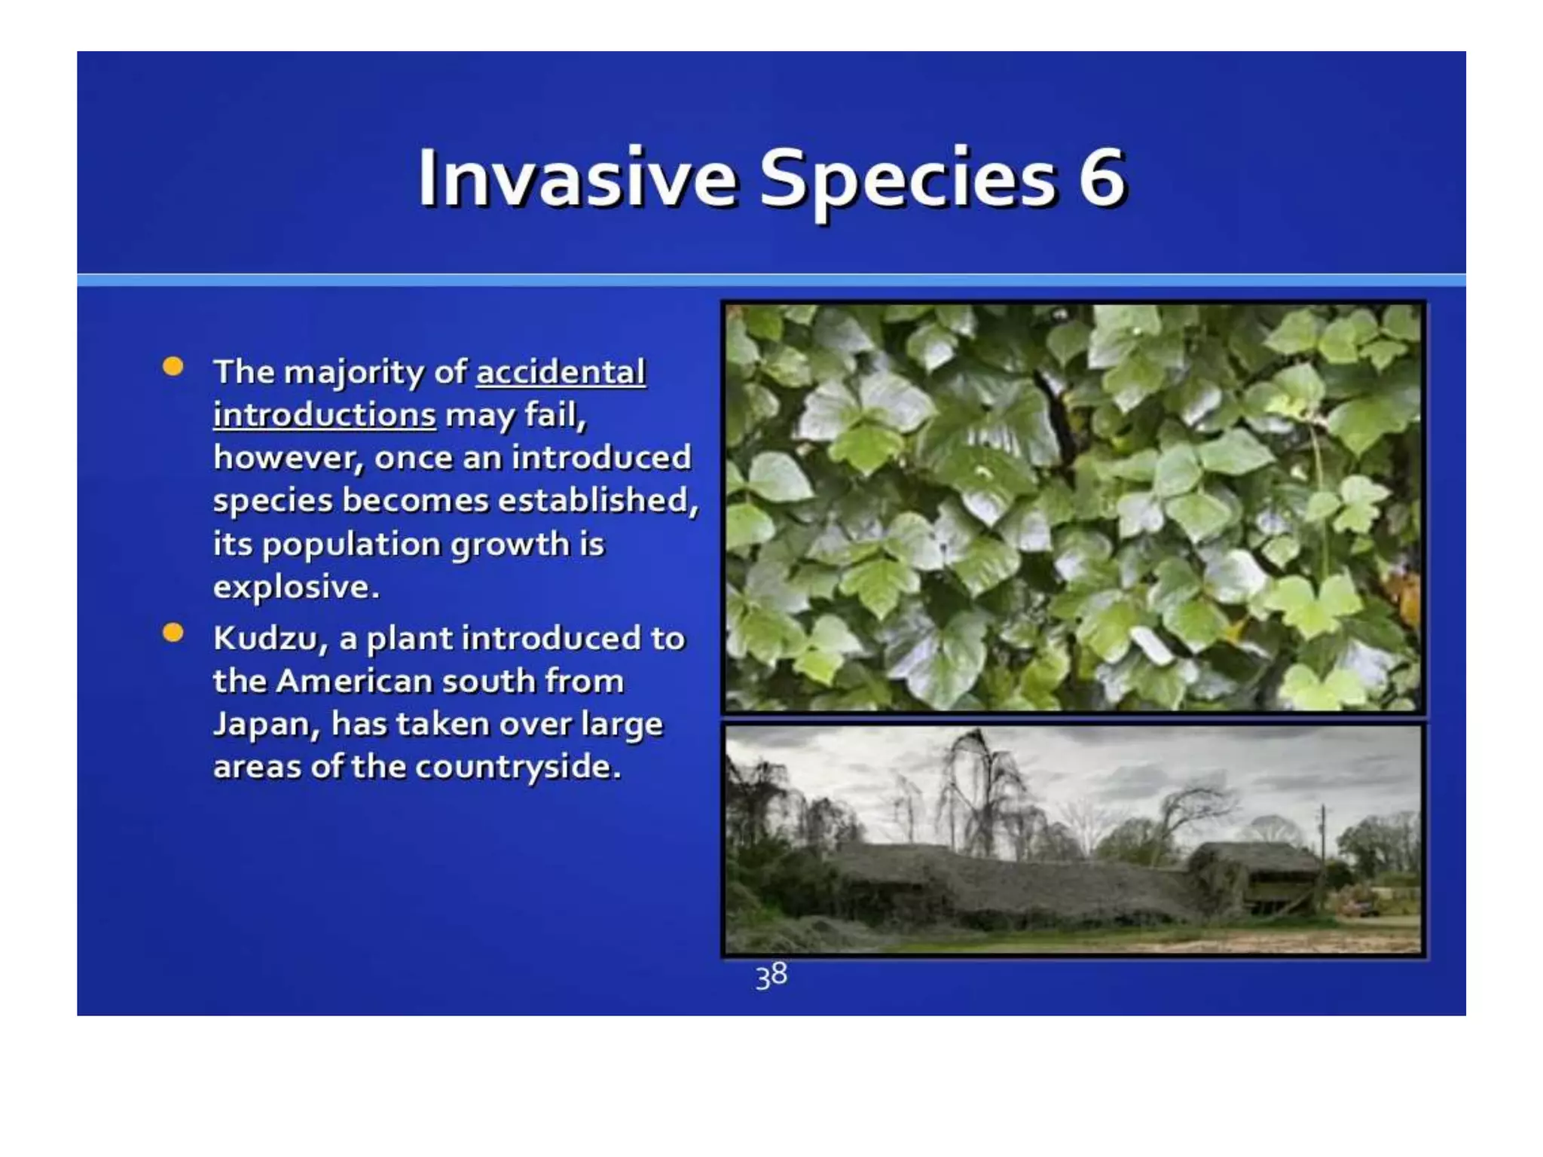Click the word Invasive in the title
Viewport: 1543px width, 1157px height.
click(x=576, y=179)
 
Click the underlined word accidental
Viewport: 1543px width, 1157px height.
click(x=561, y=372)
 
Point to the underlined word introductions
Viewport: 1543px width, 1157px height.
click(x=324, y=415)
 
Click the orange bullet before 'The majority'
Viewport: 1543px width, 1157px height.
click(x=173, y=367)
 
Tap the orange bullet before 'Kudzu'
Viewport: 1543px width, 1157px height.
click(x=173, y=633)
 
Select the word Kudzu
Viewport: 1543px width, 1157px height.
click(x=270, y=639)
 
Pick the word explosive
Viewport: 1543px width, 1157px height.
click(x=295, y=587)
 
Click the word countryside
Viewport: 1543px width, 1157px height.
click(x=518, y=768)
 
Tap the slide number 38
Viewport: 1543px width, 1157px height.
click(x=771, y=976)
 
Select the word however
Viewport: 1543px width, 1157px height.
click(x=289, y=458)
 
